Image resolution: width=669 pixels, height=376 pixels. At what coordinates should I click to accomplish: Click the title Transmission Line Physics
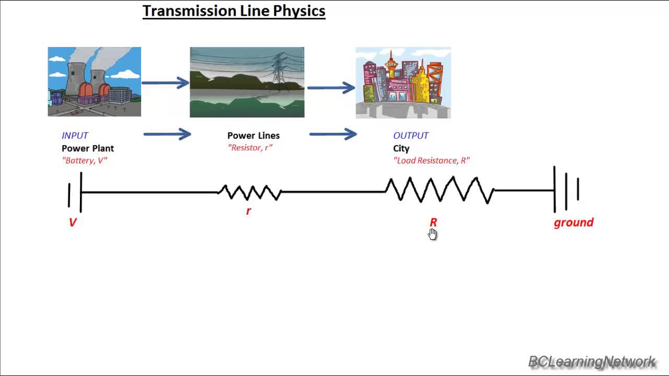(x=234, y=11)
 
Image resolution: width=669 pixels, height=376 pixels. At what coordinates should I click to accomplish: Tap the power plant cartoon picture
(x=95, y=81)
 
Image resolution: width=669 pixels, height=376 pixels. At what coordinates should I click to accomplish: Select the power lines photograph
(x=247, y=82)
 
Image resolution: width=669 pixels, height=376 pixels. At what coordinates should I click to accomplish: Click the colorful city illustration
(x=403, y=83)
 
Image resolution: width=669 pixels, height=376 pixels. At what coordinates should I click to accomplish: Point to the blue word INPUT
(x=75, y=136)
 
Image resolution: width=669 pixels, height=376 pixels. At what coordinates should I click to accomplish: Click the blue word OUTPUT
(x=411, y=136)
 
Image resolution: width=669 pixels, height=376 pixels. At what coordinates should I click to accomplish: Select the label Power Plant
(x=88, y=148)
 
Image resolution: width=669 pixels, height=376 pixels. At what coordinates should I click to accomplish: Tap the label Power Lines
(x=253, y=136)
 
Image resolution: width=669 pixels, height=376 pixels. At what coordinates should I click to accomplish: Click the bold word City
(x=401, y=148)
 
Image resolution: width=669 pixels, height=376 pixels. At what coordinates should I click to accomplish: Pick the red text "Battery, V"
(x=84, y=160)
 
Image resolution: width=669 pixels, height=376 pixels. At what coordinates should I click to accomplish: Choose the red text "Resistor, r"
(x=250, y=148)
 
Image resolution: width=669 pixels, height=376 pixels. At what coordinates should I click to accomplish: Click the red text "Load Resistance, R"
(x=431, y=160)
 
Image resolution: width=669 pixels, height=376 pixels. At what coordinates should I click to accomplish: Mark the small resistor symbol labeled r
(x=250, y=192)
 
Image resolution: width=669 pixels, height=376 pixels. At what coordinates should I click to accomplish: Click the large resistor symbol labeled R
(x=440, y=190)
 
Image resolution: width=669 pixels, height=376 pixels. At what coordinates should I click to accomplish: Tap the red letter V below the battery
(x=73, y=222)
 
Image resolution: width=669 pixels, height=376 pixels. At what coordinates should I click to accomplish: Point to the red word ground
(x=573, y=222)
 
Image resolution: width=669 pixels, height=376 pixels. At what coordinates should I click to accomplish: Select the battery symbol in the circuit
(x=75, y=193)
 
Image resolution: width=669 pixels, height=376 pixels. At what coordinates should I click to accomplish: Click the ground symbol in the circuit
(x=566, y=190)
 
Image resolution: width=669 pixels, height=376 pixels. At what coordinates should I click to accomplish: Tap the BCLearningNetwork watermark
(x=592, y=361)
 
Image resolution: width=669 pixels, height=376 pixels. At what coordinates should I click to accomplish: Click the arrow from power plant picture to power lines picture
(x=165, y=83)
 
